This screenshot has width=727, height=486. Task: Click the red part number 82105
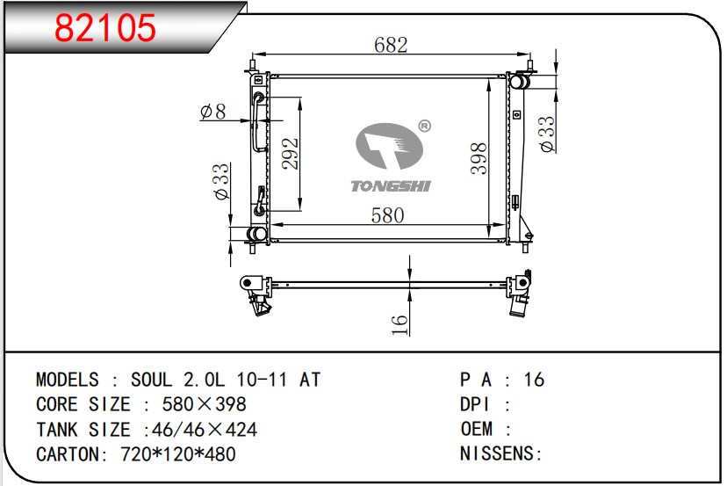click(x=105, y=27)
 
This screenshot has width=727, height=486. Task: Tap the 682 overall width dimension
click(x=391, y=45)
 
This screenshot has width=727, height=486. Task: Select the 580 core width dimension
click(x=387, y=215)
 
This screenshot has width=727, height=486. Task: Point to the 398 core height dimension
click(x=479, y=158)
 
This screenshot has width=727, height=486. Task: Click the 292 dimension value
click(x=291, y=154)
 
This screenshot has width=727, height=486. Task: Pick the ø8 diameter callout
click(x=213, y=112)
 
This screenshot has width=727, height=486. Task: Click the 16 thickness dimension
click(x=399, y=324)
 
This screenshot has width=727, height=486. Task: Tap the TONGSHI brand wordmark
click(x=391, y=186)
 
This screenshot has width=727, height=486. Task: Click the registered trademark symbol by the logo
click(x=424, y=126)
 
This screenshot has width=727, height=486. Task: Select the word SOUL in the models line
click(x=152, y=380)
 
